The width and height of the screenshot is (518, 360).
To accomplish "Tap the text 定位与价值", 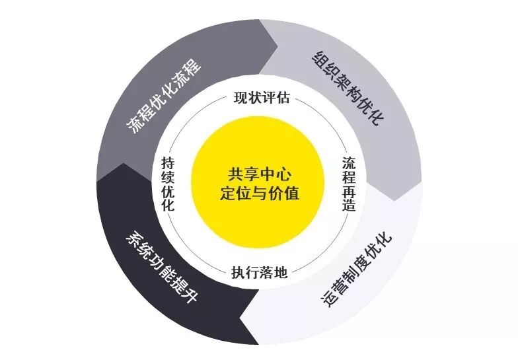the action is coord(259,194).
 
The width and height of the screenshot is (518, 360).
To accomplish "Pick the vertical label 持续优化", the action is coord(168,184).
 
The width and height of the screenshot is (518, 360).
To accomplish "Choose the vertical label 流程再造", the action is coord(350,184).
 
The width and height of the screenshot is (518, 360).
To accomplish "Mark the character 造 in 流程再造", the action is coord(350,205).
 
